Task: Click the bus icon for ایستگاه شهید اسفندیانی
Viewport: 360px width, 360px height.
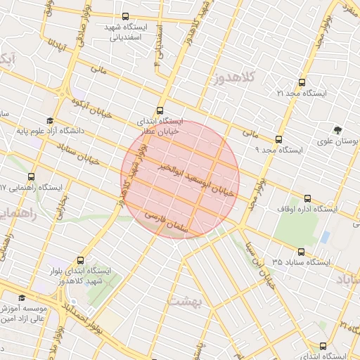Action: pyautogui.click(x=125, y=16)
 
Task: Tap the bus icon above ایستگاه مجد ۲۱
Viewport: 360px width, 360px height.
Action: pyautogui.click(x=302, y=82)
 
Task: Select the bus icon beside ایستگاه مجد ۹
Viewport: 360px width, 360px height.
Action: pyautogui.click(x=278, y=139)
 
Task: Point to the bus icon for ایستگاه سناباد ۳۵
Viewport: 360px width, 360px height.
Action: pyautogui.click(x=301, y=252)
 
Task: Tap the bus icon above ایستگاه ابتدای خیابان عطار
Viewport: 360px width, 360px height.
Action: pyautogui.click(x=160, y=110)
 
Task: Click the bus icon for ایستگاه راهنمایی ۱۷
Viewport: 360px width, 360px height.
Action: pyautogui.click(x=31, y=177)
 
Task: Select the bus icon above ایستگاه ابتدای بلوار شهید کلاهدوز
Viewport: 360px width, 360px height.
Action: pyautogui.click(x=80, y=260)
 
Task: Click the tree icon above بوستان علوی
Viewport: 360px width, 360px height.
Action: pyautogui.click(x=338, y=130)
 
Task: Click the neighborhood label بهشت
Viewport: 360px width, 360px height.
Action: pyautogui.click(x=184, y=302)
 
